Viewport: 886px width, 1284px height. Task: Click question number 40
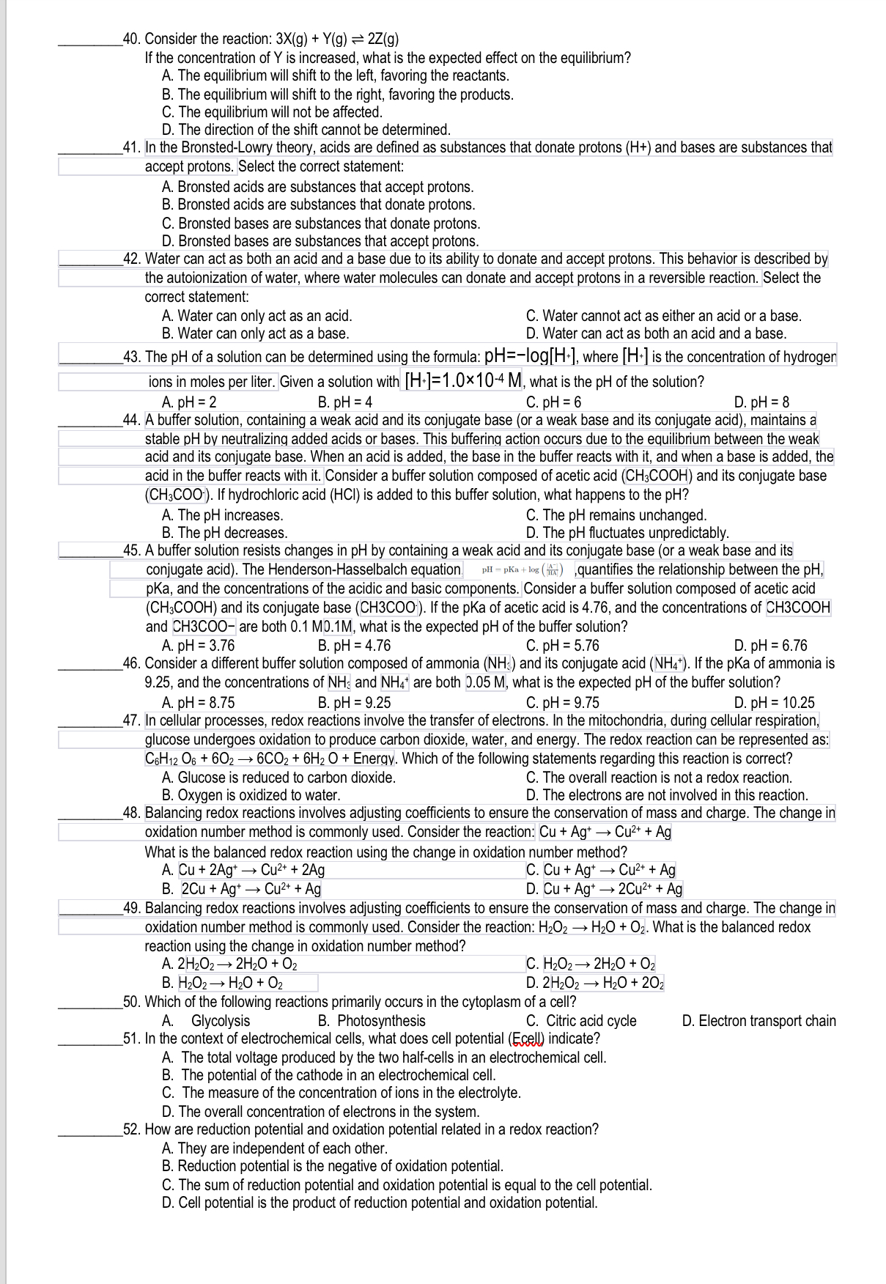coord(132,39)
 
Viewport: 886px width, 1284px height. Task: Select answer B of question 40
coord(337,95)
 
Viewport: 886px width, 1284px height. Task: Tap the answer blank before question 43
coord(89,358)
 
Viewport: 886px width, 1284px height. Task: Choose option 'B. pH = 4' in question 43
coord(345,402)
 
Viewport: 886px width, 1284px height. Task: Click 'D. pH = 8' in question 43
coord(761,402)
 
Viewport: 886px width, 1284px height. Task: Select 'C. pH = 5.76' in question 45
coord(562,646)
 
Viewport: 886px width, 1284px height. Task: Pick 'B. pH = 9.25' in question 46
coord(354,703)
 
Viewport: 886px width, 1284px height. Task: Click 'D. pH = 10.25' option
coord(774,703)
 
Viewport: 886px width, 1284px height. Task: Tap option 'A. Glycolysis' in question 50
coord(206,1021)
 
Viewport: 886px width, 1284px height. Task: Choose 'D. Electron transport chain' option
coord(758,1021)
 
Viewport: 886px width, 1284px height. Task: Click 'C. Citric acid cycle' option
coord(581,1021)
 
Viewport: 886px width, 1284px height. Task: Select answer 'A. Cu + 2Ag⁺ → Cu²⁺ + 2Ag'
coord(243,870)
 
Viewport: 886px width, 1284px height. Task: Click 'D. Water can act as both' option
coord(656,333)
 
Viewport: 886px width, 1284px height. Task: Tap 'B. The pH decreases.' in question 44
coord(224,533)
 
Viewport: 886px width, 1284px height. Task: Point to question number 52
coord(132,1129)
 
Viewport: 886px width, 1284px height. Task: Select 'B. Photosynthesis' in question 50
coord(372,1021)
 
